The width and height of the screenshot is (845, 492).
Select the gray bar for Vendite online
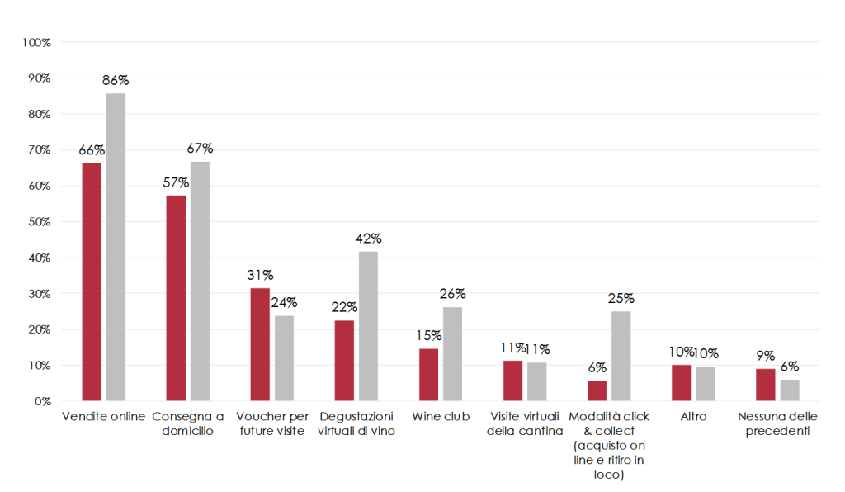[116, 248]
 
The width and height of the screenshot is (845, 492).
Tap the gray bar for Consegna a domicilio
[200, 281]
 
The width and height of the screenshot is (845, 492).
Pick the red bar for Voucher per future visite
[260, 345]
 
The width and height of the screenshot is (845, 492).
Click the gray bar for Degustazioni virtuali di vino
[368, 326]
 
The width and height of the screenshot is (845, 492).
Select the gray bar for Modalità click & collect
[621, 356]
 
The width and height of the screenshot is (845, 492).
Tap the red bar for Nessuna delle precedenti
[765, 385]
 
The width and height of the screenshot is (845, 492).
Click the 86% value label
[116, 81]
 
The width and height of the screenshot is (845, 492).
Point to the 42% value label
[368, 239]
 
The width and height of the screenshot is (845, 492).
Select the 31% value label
[260, 275]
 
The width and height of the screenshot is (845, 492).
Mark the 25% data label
[621, 299]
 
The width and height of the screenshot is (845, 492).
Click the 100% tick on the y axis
[36, 42]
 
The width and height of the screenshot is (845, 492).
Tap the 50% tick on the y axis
[38, 222]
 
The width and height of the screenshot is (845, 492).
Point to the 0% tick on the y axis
[41, 401]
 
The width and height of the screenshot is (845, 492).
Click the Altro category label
[693, 416]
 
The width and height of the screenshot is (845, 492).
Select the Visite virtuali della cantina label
[525, 423]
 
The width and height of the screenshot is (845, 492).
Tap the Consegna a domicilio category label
[188, 423]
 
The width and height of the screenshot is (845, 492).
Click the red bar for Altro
[681, 383]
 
